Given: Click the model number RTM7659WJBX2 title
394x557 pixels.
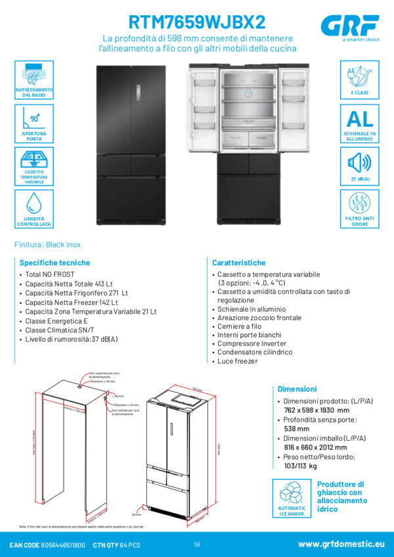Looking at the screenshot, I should [x=197, y=22].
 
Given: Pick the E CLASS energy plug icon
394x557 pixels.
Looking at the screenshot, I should [x=359, y=75].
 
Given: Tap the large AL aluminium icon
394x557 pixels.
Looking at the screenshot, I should [x=359, y=118].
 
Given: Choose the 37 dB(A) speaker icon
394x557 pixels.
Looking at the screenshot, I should [x=359, y=161].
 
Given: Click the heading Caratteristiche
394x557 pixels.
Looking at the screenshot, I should [x=238, y=262].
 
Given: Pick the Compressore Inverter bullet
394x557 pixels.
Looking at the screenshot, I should [x=252, y=343].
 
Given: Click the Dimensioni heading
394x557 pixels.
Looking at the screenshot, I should [x=297, y=389].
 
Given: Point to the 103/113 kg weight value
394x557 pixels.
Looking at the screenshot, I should [x=299, y=466].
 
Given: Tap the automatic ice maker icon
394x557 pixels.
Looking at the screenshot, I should [x=292, y=497].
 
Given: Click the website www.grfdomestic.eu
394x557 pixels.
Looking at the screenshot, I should [x=341, y=545].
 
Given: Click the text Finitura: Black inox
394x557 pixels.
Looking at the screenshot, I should [x=47, y=245].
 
